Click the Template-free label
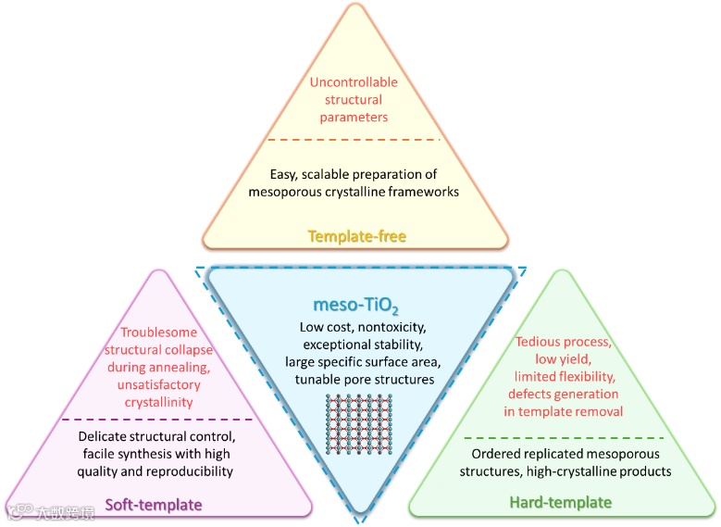pos(357,236)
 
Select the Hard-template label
pos(560,502)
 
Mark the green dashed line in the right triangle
pos(564,437)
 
